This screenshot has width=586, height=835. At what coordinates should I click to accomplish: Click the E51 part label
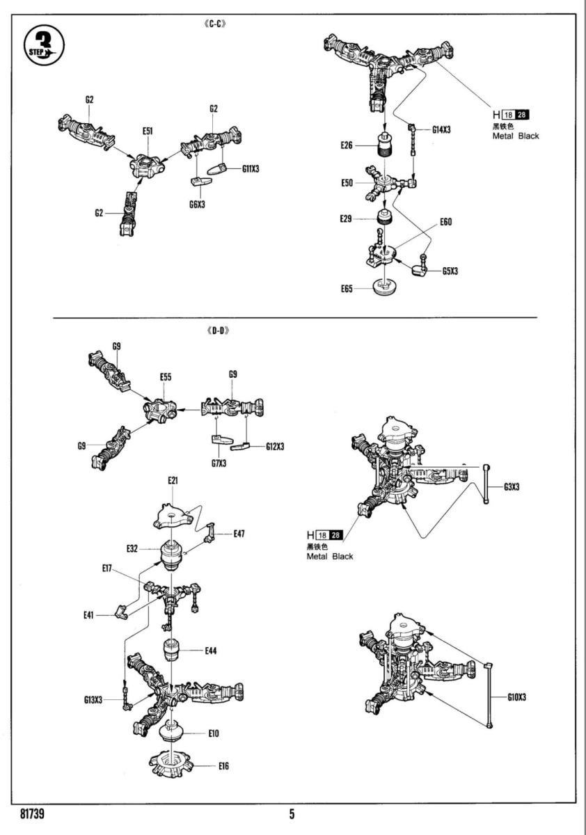(148, 130)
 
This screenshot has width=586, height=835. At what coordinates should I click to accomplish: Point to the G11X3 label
(251, 169)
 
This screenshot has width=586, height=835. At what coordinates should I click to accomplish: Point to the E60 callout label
(446, 223)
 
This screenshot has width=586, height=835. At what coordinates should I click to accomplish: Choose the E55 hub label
(166, 376)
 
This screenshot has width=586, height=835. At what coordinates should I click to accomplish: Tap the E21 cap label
(173, 481)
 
